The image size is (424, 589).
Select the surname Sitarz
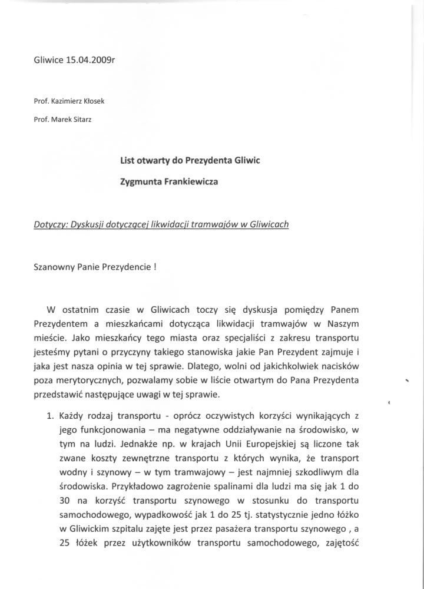point(85,119)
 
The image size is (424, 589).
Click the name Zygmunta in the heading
point(144,182)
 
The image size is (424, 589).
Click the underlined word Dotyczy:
point(51,224)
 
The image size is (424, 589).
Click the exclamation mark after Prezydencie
point(154,266)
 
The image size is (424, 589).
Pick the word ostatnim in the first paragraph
point(85,310)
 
